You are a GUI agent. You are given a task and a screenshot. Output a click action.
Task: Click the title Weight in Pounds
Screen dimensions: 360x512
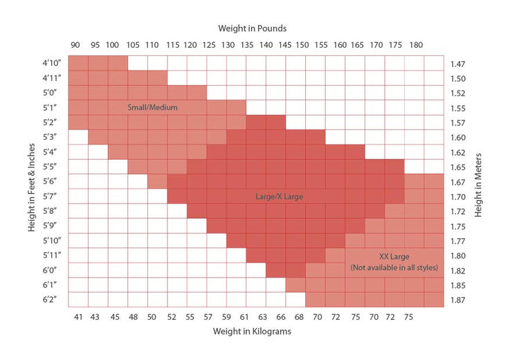(252, 29)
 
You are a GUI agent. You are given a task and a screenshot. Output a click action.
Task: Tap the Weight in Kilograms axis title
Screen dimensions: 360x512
(252, 332)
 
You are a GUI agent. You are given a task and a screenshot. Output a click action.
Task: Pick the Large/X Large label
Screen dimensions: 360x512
(280, 197)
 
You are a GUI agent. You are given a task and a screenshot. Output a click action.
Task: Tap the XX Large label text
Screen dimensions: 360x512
(394, 255)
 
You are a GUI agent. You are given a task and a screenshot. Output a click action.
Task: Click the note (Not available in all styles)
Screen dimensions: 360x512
(394, 267)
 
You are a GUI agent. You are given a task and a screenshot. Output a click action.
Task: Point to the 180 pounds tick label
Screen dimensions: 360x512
(416, 45)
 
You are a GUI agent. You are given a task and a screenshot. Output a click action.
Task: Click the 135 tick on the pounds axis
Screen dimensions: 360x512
(246, 45)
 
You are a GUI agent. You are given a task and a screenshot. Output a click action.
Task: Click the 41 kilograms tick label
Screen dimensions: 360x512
(78, 316)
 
